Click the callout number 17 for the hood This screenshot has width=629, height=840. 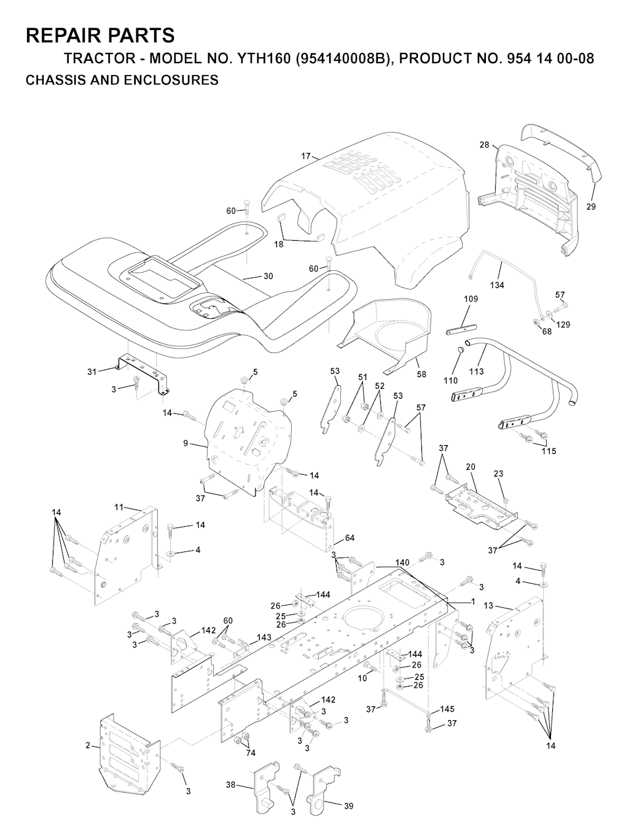coord(306,156)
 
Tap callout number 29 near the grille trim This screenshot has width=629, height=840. coord(591,207)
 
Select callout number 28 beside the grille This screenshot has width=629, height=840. coord(484,145)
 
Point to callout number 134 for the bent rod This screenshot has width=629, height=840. coord(497,285)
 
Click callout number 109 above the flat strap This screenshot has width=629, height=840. coord(471,298)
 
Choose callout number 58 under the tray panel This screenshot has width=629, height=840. coord(421,374)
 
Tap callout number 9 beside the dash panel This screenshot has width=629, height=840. coord(186,443)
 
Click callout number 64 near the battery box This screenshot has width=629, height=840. coord(350,538)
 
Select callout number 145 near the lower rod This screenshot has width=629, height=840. coord(447,709)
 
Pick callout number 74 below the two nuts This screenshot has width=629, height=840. coord(251,753)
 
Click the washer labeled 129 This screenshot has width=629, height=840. coord(550,314)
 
